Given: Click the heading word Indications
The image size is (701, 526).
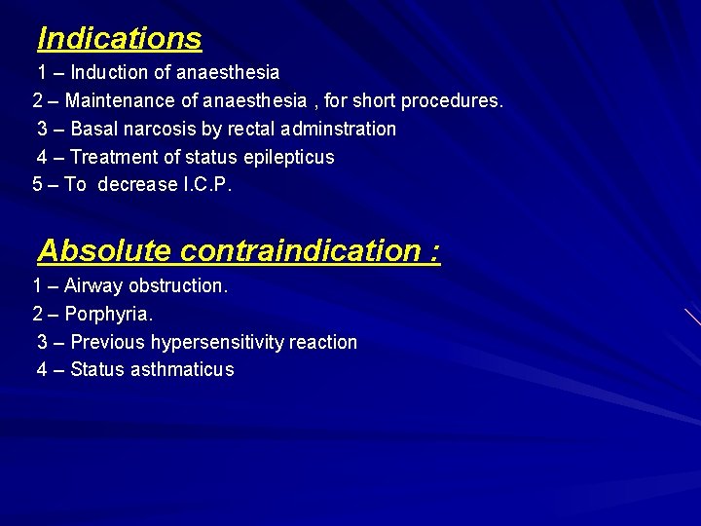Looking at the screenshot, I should click(119, 39).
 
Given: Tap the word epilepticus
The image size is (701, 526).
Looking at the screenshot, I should click(288, 157).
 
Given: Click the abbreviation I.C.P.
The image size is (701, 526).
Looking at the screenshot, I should click(207, 184).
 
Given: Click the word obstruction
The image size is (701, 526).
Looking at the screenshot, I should click(178, 286).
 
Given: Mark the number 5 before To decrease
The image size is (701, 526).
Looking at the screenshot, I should click(38, 184).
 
